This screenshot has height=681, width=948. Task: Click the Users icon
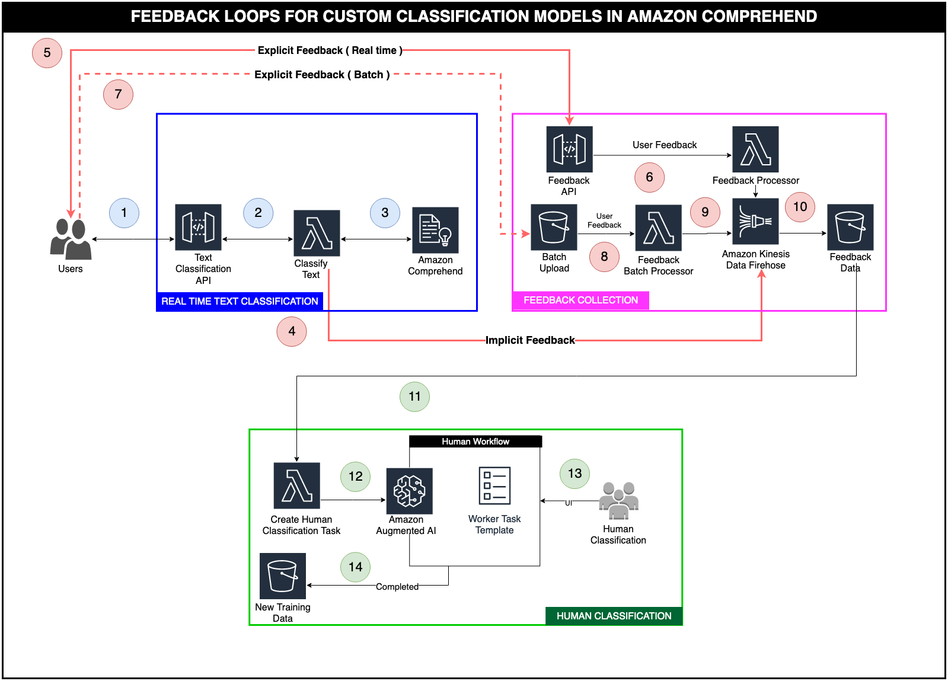(x=71, y=239)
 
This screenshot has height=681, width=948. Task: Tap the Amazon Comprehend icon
(x=435, y=230)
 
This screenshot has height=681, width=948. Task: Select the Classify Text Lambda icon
(x=317, y=233)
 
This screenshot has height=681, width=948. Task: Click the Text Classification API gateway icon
(x=198, y=228)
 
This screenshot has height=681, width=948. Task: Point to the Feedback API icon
(x=569, y=149)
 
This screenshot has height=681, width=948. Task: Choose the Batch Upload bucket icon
(x=554, y=227)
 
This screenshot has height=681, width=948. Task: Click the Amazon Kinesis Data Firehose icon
(x=755, y=222)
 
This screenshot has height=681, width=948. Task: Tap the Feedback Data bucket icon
(x=850, y=227)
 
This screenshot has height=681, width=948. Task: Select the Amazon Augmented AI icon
(x=409, y=491)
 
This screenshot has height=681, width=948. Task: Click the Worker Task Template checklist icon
(x=494, y=486)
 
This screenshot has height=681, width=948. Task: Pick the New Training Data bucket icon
(x=283, y=576)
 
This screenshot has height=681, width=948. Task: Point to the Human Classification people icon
(x=618, y=500)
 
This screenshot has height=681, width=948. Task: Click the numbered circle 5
(x=47, y=53)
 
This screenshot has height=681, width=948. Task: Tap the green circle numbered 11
(x=414, y=397)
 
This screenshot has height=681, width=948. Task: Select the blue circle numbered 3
(x=385, y=213)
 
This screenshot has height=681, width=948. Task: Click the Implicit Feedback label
(x=530, y=340)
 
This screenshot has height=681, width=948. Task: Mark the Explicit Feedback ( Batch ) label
(x=322, y=75)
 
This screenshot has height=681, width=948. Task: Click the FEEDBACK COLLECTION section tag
(x=580, y=300)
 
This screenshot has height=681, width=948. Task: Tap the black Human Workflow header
(x=475, y=442)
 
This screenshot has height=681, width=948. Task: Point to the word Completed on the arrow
(x=397, y=587)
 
